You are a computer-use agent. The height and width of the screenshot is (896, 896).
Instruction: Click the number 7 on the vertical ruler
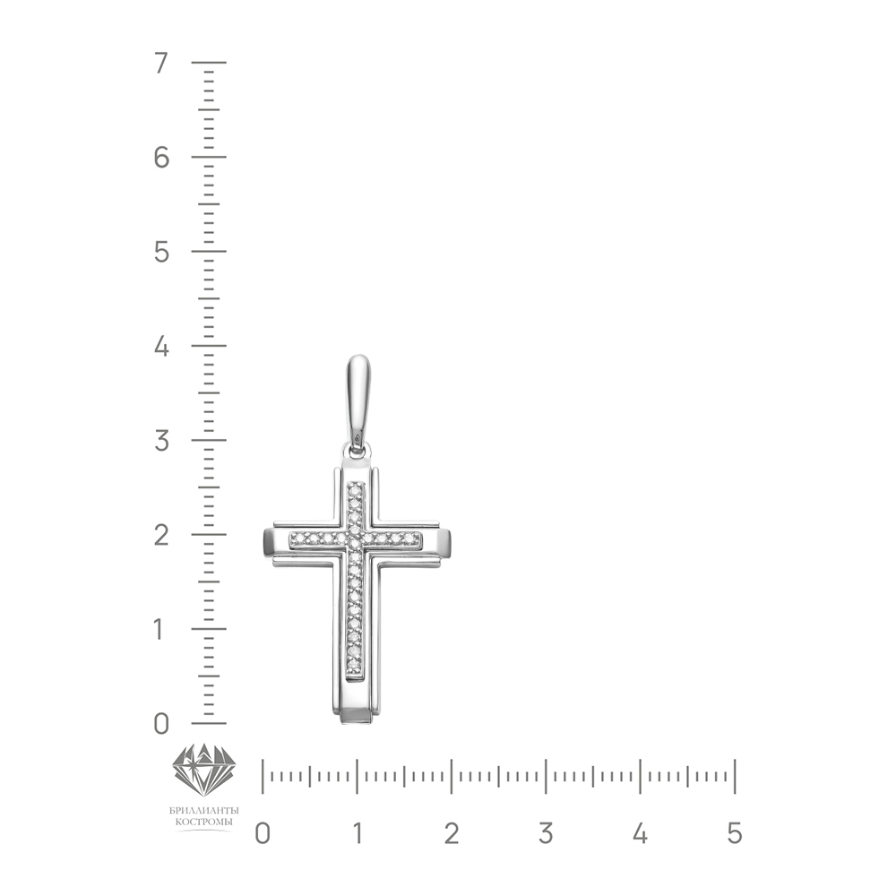tap(161, 63)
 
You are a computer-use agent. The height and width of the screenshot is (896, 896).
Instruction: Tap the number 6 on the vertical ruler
tap(161, 157)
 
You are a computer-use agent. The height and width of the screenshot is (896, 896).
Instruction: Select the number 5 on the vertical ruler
tap(161, 252)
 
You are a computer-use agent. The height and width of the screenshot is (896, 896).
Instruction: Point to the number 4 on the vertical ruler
tap(161, 346)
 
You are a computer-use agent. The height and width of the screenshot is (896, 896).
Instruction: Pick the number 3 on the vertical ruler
tap(161, 441)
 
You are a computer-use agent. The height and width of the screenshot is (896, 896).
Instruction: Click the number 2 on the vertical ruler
tap(161, 536)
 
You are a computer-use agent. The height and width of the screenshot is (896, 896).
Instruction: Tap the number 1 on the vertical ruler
tap(160, 630)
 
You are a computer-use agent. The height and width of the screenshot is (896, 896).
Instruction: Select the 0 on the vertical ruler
tap(161, 724)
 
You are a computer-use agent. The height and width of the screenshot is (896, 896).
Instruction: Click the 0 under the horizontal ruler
tap(263, 833)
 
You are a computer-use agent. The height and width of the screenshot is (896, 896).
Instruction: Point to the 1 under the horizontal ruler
tap(358, 833)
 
